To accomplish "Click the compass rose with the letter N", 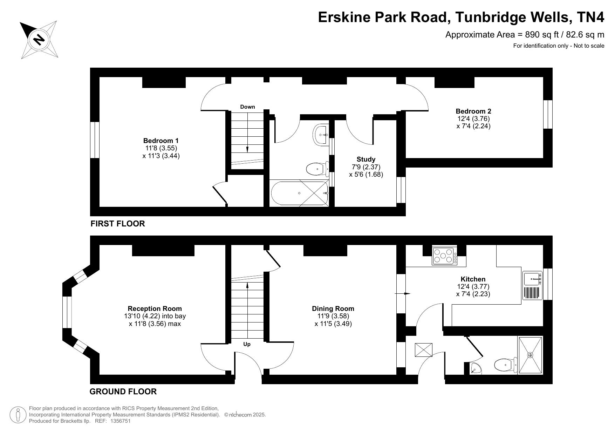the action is click(x=39, y=39).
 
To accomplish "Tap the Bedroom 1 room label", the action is click(x=161, y=141).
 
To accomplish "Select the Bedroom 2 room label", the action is click(x=473, y=111).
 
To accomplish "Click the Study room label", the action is click(x=366, y=159).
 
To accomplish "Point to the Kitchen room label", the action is click(x=473, y=279).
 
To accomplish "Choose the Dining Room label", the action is click(x=333, y=308).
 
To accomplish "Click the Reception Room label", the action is click(x=155, y=308).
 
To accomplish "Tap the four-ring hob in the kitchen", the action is click(x=444, y=256).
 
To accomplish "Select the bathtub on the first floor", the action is click(x=300, y=193).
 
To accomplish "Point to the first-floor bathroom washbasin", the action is click(x=320, y=134).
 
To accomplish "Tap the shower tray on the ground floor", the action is click(x=531, y=355).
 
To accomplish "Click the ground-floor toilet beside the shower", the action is click(x=506, y=365).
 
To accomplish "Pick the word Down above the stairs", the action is click(x=247, y=107).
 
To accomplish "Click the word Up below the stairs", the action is click(x=247, y=344).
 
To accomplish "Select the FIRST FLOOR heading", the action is click(x=118, y=224).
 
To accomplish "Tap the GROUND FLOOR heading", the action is click(x=123, y=392).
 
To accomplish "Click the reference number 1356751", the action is click(x=121, y=421).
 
